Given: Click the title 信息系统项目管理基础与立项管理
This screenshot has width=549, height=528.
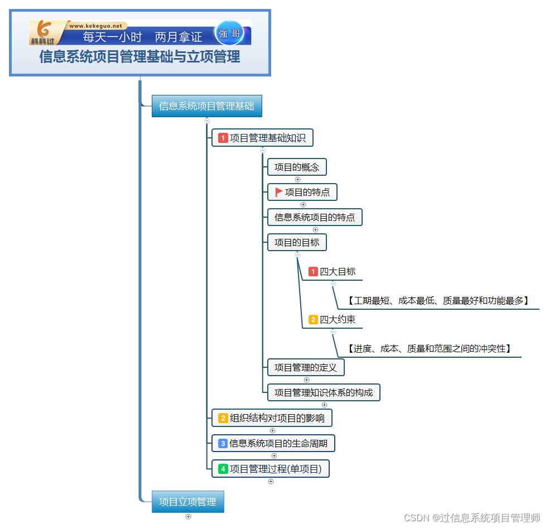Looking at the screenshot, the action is tap(139, 57).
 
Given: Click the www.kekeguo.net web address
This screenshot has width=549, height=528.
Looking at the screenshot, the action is tap(95, 26).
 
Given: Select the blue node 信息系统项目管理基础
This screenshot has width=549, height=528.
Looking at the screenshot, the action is tap(206, 106).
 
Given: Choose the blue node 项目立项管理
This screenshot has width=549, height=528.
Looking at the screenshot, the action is tap(187, 502).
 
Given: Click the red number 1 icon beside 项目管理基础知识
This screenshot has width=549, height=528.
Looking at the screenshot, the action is tap(223, 137).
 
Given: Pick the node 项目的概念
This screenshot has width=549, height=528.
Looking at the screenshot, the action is tap(296, 167).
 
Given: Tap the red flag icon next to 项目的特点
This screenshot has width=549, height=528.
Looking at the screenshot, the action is tap(279, 193).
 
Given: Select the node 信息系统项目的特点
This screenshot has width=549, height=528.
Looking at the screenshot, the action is tap(315, 217).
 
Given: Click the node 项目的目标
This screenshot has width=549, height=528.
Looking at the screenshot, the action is tap(296, 242).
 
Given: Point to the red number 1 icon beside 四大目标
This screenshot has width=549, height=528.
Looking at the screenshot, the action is tap(313, 272).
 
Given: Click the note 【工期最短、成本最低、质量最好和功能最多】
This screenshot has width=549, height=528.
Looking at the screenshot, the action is tap(437, 301).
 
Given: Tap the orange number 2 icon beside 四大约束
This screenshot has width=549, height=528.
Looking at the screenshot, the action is tap(313, 320).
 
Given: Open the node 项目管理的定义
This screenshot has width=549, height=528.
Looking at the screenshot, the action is tap(305, 367).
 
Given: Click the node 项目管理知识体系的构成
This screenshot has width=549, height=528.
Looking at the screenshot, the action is tap(323, 392).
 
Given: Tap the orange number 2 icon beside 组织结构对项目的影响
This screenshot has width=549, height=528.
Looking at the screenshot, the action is tap(223, 417).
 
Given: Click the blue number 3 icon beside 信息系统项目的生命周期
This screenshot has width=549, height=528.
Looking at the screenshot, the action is tap(223, 444).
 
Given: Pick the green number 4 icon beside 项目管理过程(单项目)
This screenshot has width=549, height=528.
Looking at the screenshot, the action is tap(223, 469).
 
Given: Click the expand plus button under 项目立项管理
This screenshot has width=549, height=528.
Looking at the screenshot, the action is tap(188, 516).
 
